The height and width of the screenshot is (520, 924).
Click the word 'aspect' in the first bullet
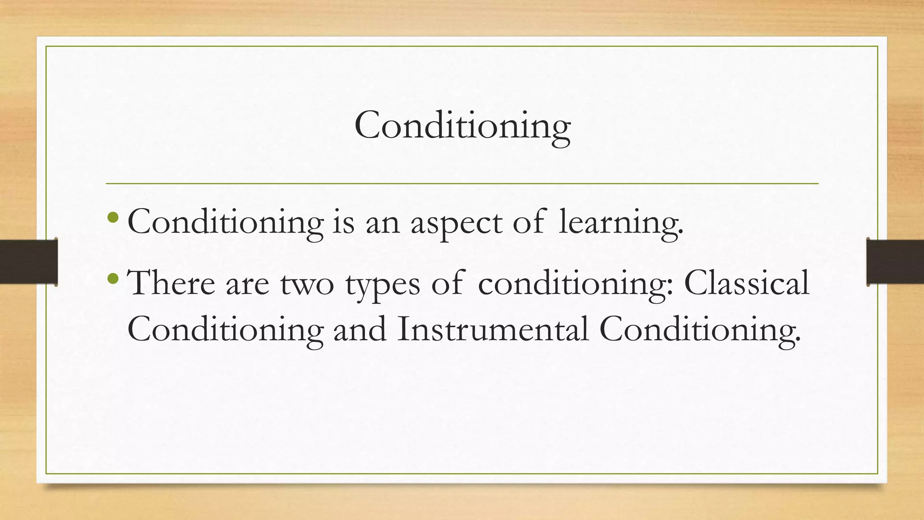[x=456, y=223]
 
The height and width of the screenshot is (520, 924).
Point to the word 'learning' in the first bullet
[x=620, y=223]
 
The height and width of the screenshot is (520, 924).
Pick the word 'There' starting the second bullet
[x=171, y=284]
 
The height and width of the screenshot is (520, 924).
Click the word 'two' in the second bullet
[x=307, y=284]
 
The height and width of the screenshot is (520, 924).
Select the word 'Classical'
[x=747, y=283]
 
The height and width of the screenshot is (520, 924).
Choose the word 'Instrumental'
[x=493, y=329]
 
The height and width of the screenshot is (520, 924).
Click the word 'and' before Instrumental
[x=360, y=329]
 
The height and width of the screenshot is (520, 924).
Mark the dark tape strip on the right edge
[x=895, y=262]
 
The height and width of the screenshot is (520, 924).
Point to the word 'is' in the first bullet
[x=343, y=223]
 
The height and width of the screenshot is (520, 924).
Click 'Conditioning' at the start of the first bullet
[x=226, y=223]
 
